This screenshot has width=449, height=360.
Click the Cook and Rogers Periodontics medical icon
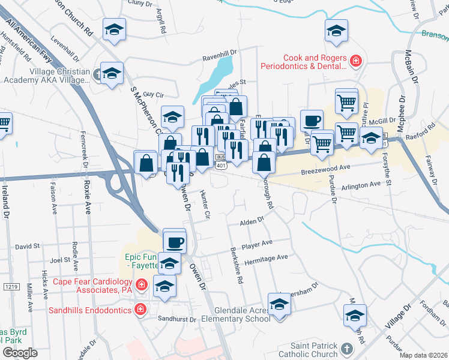[x=356, y=61]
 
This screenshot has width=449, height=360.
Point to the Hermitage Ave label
[x=266, y=257]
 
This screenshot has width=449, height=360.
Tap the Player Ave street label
[x=257, y=244]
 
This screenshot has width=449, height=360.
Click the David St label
[x=27, y=246]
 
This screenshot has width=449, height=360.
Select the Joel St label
[x=61, y=260]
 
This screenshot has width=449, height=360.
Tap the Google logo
[x=20, y=353]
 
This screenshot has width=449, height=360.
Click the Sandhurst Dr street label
[x=177, y=319]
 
